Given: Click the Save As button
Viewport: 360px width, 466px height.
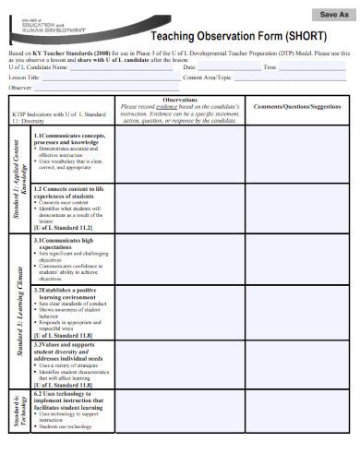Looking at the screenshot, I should (x=333, y=15).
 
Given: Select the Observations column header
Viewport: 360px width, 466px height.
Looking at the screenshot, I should (x=179, y=100).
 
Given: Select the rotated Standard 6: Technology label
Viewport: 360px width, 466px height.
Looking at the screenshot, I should (x=19, y=411).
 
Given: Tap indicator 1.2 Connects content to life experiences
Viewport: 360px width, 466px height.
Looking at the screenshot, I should (x=69, y=191).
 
